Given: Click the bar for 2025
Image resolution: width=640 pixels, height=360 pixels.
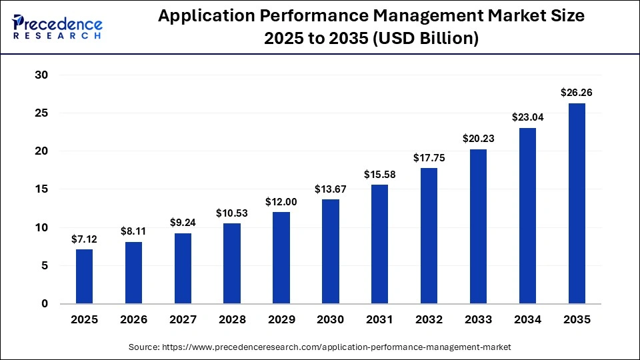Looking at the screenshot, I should coord(85,276).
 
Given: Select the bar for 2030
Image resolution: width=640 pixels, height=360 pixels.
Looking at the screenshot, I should coord(331,251).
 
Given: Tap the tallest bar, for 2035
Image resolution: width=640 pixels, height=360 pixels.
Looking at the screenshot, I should coord(577,203).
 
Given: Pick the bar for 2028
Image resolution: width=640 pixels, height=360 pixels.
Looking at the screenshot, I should coord(232,263).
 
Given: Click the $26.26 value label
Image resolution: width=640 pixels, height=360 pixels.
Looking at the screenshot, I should coord(577,93).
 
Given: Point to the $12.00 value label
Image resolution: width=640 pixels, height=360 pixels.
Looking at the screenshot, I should coord(281,201).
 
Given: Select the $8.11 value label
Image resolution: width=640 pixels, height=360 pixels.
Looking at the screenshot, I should coord(134,231).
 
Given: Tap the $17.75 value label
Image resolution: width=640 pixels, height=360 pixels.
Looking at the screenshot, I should coord(429,158).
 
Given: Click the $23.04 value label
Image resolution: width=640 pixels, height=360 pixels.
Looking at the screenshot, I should coord(527,117).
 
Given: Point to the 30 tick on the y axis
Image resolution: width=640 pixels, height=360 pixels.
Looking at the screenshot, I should coord(41,75).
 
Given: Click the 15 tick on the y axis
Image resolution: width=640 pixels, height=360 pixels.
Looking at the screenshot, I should coord(41,189).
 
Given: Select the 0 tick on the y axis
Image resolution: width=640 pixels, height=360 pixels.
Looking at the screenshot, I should coord(45,304).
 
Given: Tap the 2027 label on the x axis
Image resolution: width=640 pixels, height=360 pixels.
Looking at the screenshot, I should coord(183,320).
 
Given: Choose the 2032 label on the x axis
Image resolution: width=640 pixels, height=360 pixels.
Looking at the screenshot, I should coord(429,320).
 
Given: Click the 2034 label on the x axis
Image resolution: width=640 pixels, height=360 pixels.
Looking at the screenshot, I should coord(527,320).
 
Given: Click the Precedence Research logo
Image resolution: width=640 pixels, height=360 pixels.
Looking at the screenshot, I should coord(57,26).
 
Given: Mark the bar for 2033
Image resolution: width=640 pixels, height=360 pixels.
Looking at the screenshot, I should coord(478,226).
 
